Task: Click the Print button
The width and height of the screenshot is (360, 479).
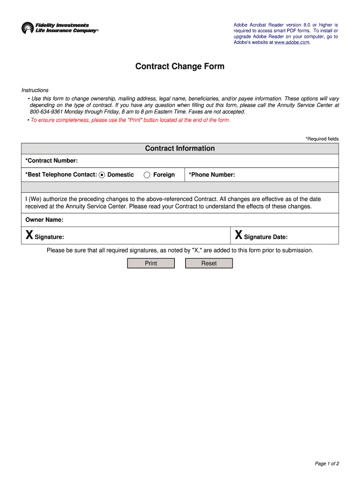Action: tap(151, 263)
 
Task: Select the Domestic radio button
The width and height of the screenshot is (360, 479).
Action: tap(102, 175)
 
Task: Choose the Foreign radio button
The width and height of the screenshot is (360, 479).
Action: tap(147, 175)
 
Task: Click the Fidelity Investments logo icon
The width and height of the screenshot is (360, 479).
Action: tap(28, 28)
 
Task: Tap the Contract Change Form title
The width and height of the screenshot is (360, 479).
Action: tap(180, 66)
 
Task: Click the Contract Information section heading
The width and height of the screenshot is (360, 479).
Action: tap(180, 148)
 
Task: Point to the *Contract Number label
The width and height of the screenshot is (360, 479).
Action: tap(51, 161)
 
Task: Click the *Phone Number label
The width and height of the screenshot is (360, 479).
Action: tap(212, 175)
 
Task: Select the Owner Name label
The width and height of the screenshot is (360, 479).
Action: tap(44, 220)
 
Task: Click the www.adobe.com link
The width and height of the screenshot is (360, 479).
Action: tap(292, 43)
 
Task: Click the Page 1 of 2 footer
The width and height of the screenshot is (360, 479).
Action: tap(327, 464)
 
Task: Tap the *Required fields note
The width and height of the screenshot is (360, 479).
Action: tap(322, 139)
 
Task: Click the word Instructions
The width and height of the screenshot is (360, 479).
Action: tap(35, 90)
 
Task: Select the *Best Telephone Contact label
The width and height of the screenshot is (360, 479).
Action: tap(61, 175)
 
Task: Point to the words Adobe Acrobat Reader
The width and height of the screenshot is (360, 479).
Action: tap(256, 25)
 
